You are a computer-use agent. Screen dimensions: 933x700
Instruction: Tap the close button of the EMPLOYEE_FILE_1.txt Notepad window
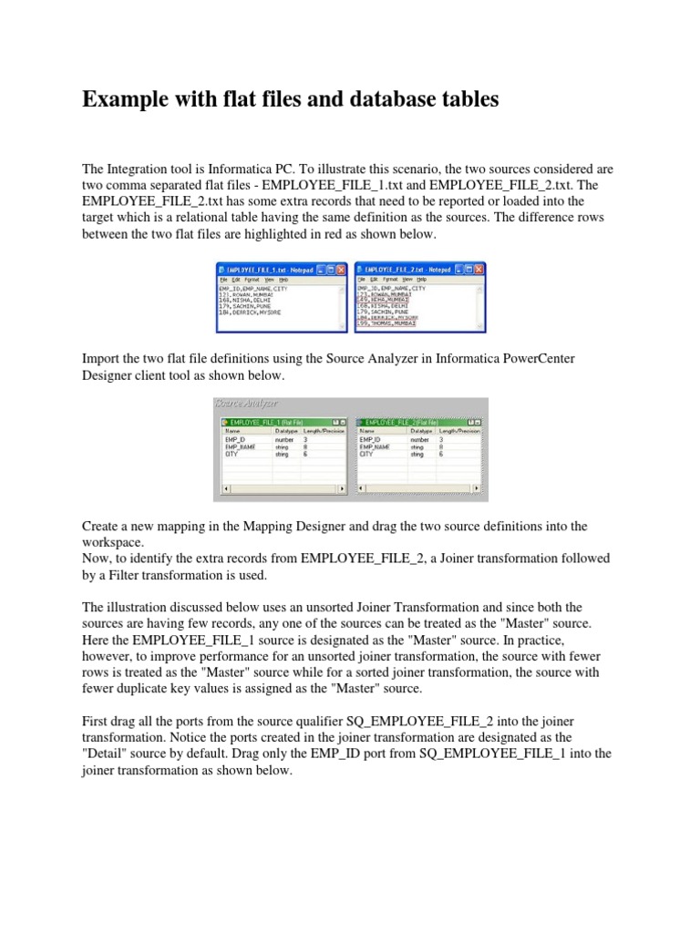[x=342, y=270]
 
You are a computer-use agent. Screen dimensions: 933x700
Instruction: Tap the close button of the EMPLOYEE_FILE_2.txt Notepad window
[x=479, y=270]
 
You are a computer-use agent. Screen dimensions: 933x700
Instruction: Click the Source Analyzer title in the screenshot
[x=246, y=403]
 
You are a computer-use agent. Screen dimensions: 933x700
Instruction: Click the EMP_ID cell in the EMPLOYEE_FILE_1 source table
[x=235, y=439]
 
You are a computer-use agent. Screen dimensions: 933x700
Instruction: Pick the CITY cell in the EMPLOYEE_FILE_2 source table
[x=367, y=454]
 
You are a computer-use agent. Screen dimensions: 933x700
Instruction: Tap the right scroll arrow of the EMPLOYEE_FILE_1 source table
[x=344, y=489]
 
